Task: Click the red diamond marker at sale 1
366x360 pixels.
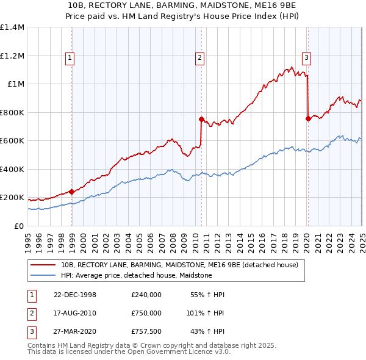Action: [72, 192]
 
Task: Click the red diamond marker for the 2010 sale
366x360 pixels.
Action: [201, 120]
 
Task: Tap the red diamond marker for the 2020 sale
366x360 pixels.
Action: [308, 118]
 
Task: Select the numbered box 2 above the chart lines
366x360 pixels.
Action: [199, 58]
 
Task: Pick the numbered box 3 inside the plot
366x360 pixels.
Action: [306, 58]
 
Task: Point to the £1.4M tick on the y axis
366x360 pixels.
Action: [12, 27]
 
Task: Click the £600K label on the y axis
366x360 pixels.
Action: [12, 141]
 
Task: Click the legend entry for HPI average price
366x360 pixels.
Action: [135, 275]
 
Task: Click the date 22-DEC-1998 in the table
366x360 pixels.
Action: [74, 295]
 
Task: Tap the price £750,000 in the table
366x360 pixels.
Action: [146, 313]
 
